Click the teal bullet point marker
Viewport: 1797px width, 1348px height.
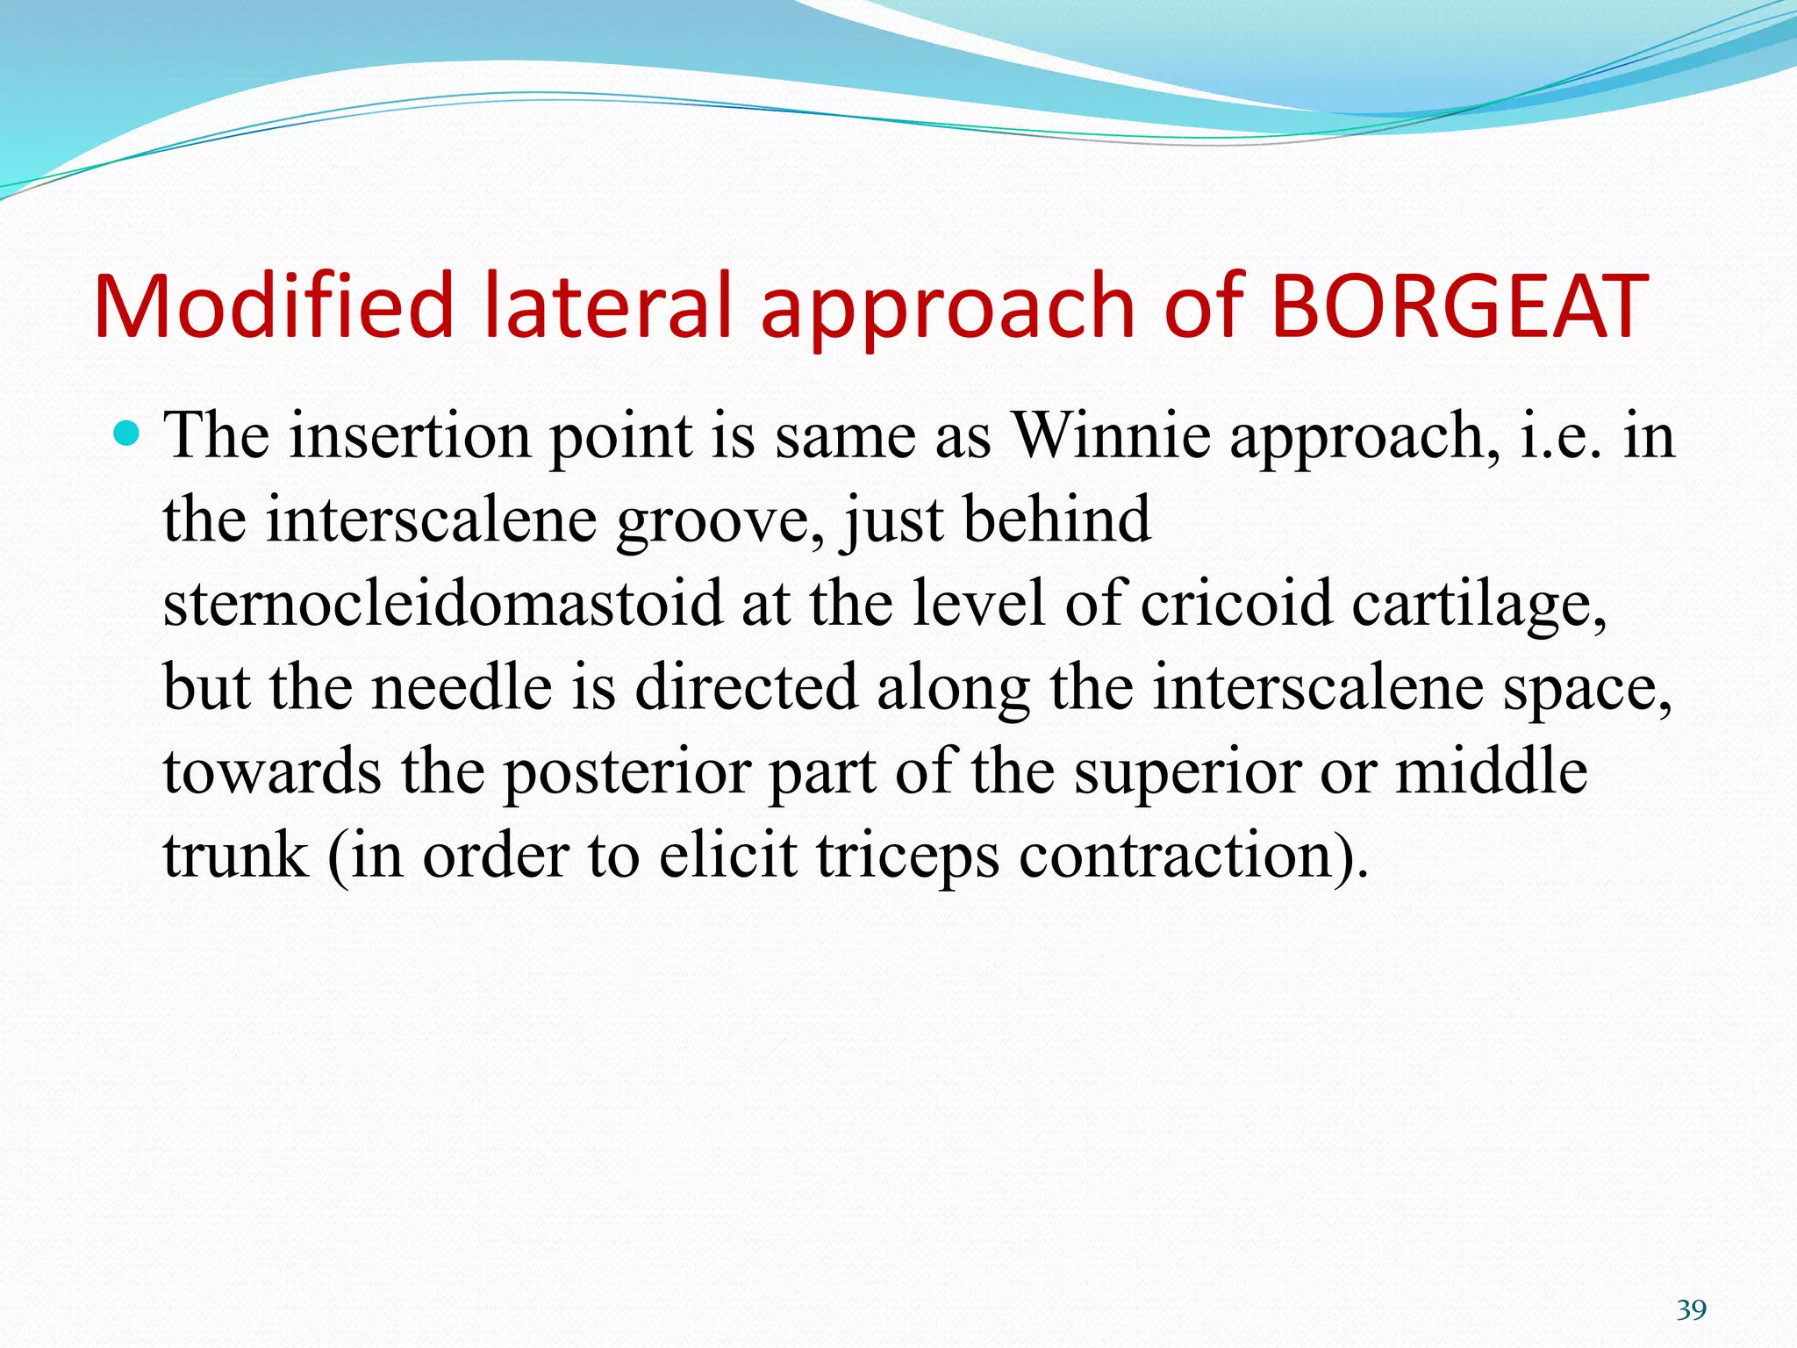tap(128, 434)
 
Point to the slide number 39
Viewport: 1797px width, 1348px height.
tap(1691, 1310)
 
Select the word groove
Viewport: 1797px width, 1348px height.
tap(720, 520)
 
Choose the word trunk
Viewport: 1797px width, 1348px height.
tap(235, 856)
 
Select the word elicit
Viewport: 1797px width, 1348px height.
tap(728, 856)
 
